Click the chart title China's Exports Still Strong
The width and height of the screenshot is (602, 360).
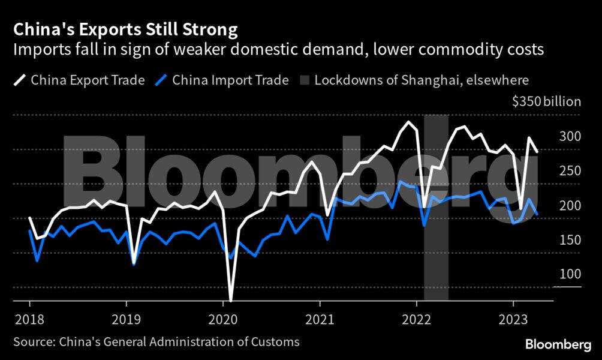(x=125, y=29)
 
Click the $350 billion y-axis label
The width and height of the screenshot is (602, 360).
(x=546, y=101)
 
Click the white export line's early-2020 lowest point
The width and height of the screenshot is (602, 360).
(x=231, y=300)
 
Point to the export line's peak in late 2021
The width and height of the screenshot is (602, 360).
(x=409, y=122)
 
